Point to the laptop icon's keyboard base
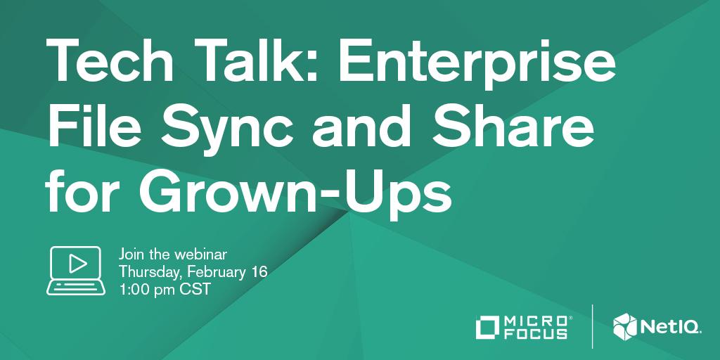(77, 288)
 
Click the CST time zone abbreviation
(197, 289)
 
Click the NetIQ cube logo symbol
(624, 326)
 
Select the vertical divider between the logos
(592, 326)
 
